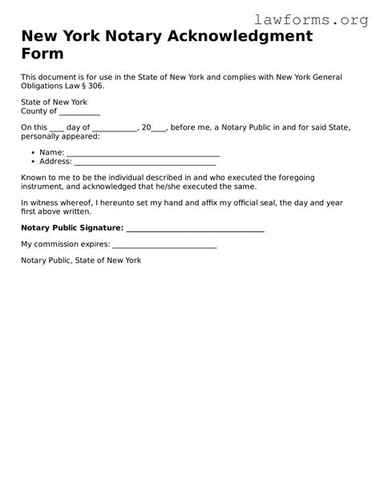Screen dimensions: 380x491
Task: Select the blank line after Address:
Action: (x=145, y=163)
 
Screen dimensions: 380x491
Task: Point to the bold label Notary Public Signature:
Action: (x=72, y=228)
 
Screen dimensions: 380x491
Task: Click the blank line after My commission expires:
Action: (x=164, y=246)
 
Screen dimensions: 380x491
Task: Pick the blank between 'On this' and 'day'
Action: (x=57, y=129)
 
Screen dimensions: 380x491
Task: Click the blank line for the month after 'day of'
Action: (x=115, y=129)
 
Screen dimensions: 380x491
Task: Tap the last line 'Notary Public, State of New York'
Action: (x=81, y=260)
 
